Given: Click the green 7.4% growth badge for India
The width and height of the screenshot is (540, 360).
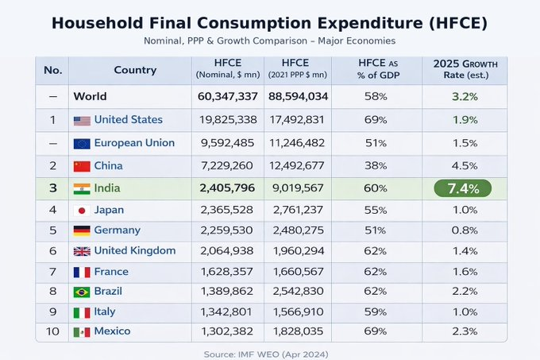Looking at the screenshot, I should [x=462, y=188].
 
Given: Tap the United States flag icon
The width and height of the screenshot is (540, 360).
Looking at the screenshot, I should [x=82, y=121].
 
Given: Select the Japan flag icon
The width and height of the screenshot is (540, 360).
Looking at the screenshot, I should [x=81, y=211].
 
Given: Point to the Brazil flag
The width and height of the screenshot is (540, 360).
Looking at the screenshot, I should [x=81, y=292].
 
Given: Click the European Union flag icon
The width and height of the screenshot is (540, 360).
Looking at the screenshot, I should [x=81, y=144].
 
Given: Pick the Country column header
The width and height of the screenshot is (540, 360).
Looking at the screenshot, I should [x=135, y=70].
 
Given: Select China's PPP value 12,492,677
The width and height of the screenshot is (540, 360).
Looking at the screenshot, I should [x=297, y=166].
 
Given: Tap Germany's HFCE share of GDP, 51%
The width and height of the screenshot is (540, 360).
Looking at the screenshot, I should [x=376, y=230].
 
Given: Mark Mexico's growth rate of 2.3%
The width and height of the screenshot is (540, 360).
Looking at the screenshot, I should [x=465, y=331].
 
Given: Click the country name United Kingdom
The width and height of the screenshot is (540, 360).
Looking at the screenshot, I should [x=135, y=250].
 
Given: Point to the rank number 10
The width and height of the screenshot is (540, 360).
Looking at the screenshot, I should [x=52, y=331].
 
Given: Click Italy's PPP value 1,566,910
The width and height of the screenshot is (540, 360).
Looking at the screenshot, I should [x=297, y=312].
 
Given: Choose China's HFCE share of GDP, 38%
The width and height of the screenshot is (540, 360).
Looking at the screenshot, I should [x=376, y=166].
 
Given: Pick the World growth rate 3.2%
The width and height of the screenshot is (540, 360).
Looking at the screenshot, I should [x=465, y=97].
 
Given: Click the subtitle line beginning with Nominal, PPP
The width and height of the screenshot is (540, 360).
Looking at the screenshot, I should [x=269, y=41].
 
